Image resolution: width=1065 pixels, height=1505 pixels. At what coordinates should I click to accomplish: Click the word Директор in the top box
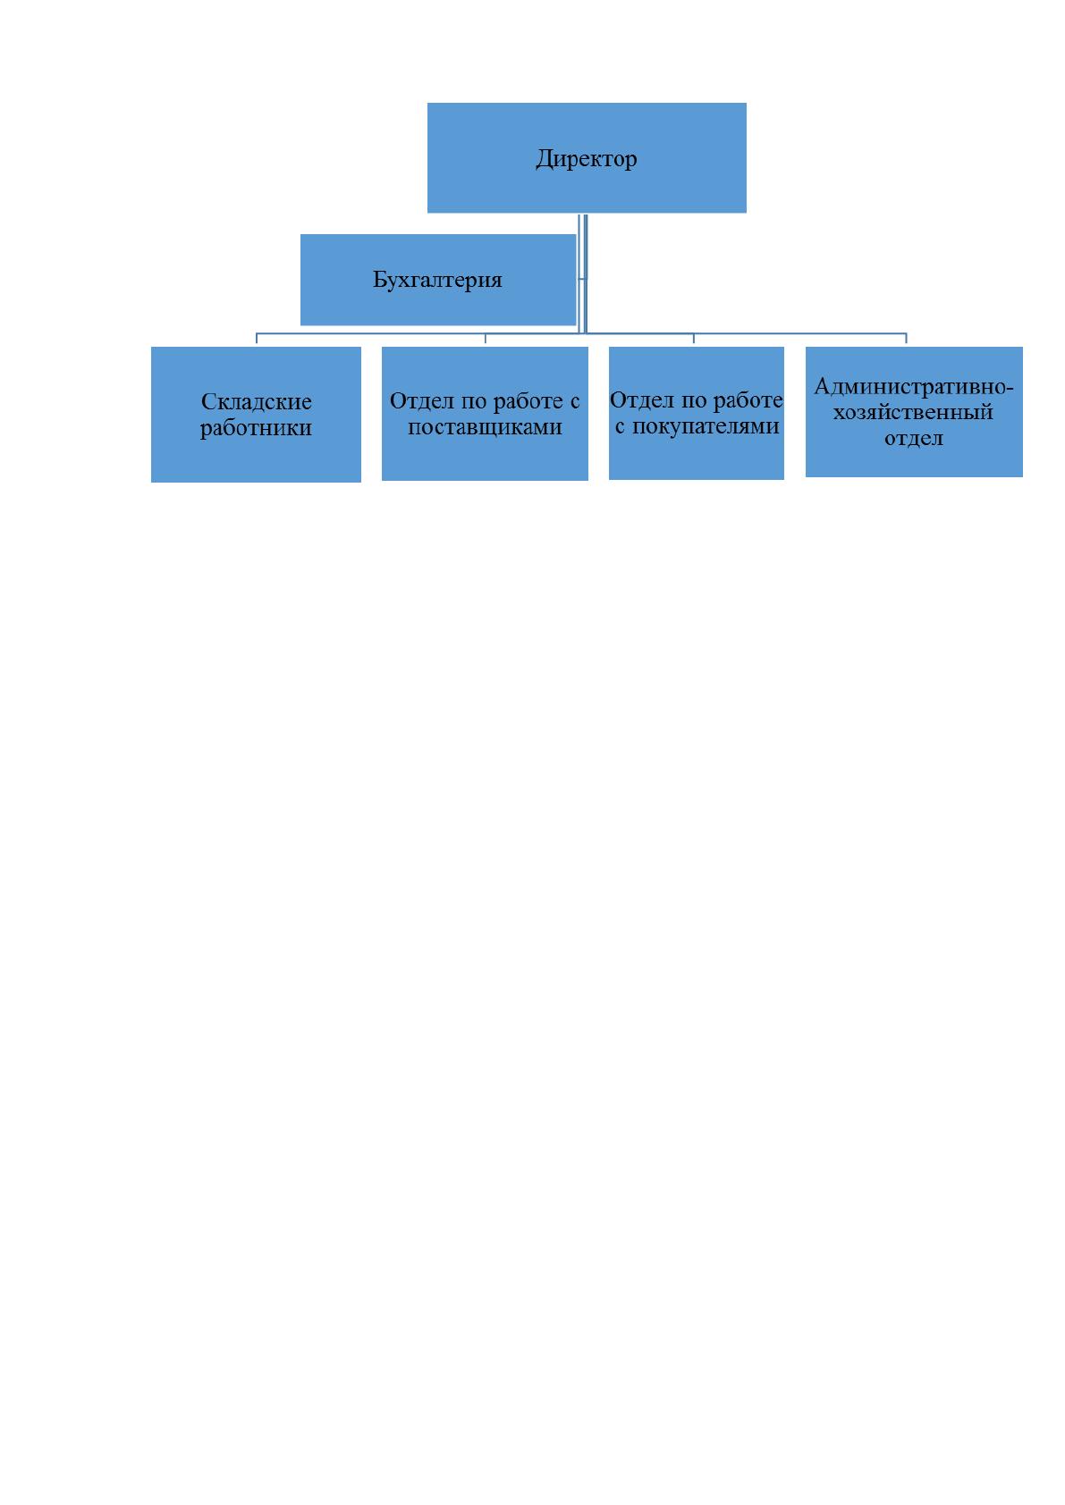coord(586,158)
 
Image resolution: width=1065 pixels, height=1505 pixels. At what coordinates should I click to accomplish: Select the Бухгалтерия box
coord(437,280)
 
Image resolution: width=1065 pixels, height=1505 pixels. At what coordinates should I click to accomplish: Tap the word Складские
coord(256,401)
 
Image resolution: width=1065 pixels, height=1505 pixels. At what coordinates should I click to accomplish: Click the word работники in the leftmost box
coord(256,428)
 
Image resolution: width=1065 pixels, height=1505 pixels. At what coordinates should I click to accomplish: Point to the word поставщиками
coord(485,427)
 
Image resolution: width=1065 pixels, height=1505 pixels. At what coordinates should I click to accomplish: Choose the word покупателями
coord(706,426)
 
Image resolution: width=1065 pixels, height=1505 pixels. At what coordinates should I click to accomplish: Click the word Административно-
coord(913,386)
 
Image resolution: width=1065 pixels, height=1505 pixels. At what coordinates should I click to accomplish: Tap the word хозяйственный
coord(913,412)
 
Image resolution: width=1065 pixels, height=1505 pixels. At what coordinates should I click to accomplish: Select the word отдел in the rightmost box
coord(913,438)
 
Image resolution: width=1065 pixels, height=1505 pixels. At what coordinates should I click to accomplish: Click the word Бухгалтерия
coord(437,280)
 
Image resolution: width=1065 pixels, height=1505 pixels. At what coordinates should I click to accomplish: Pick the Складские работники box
coord(256,415)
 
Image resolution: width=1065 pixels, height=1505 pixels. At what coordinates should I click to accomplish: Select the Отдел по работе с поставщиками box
coord(485,414)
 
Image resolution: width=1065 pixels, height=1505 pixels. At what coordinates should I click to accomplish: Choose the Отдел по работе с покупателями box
coord(696,413)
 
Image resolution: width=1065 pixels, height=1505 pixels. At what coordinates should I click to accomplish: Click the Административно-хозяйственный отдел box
coord(914,412)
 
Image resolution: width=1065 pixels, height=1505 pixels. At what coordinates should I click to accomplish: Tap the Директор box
coord(587,158)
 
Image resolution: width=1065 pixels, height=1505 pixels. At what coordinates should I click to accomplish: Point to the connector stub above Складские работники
coord(256,339)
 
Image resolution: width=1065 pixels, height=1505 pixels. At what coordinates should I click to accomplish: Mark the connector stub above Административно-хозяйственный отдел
coord(906,339)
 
